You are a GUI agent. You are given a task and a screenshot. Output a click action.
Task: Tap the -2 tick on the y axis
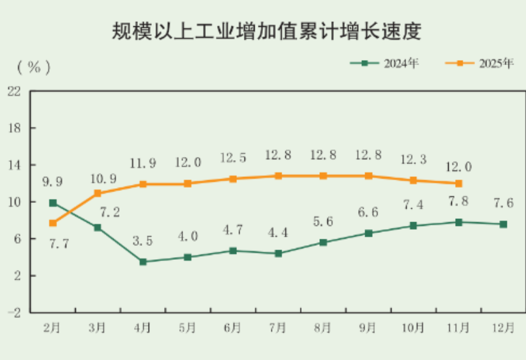pyautogui.click(x=13, y=313)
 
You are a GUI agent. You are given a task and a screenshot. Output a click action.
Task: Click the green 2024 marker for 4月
pyautogui.click(x=143, y=262)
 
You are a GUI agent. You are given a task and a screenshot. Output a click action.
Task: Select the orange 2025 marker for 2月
pyautogui.click(x=53, y=223)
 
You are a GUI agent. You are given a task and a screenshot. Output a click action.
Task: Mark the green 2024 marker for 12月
pyautogui.click(x=504, y=224)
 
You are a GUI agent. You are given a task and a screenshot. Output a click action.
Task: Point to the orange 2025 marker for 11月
pyautogui.click(x=458, y=183)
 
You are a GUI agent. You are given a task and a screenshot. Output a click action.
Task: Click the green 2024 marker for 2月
pyautogui.click(x=53, y=203)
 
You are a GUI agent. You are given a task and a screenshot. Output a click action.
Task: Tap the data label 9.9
pyautogui.click(x=52, y=183)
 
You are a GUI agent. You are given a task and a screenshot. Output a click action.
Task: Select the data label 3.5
pyautogui.click(x=142, y=242)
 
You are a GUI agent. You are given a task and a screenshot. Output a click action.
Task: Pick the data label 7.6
pyautogui.click(x=503, y=203)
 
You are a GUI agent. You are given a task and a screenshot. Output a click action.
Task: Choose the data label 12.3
pyautogui.click(x=413, y=159)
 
